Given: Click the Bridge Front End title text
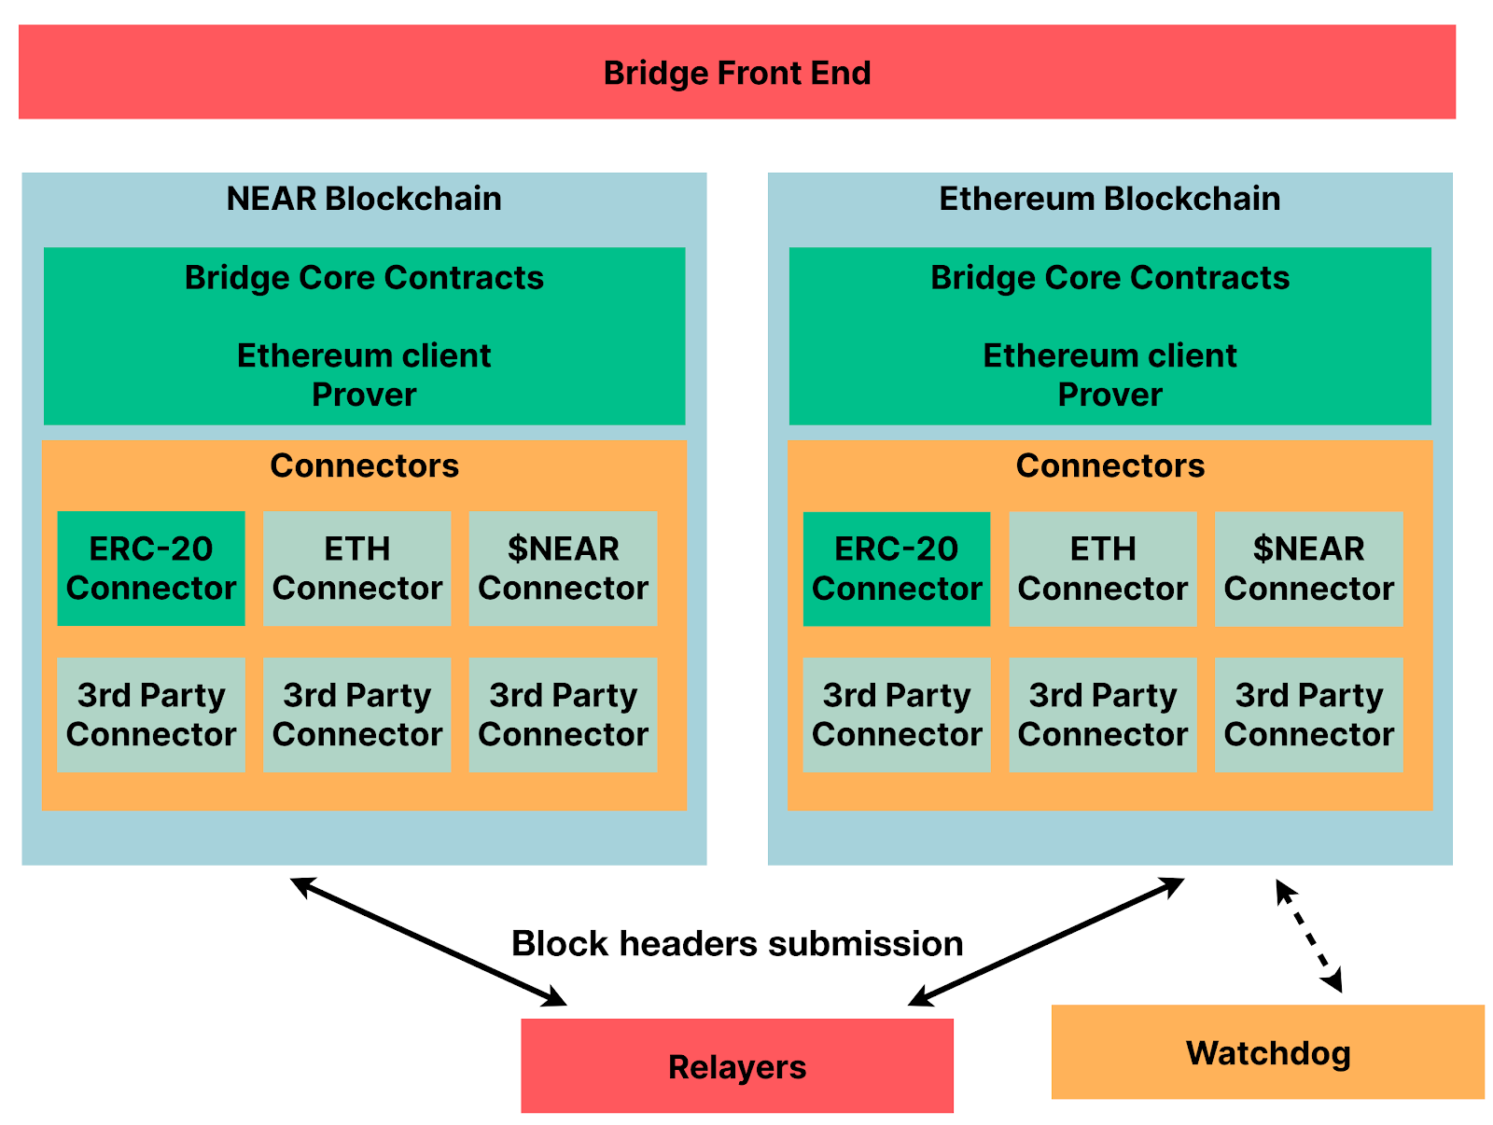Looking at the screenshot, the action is (736, 74).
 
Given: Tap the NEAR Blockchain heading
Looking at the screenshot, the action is (364, 199).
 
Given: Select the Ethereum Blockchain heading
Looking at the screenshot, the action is (1109, 199).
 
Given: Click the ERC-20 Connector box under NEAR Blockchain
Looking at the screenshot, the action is (151, 568).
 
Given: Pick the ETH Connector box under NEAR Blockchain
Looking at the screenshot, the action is (357, 568).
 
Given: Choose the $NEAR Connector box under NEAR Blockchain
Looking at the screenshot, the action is (563, 568).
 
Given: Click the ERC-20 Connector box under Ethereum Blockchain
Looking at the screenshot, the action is (897, 568).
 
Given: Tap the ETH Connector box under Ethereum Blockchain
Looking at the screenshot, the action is (1103, 568).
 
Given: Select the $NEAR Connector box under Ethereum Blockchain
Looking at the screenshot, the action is (1308, 568).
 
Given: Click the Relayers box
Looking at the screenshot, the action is (736, 1065).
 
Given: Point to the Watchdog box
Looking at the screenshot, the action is (1268, 1051).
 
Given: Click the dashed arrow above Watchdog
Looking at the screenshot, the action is (1308, 936).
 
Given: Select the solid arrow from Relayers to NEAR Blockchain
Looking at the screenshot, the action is (427, 941).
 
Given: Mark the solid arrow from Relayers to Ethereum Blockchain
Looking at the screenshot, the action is (1046, 941).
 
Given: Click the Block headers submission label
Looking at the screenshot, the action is (737, 943).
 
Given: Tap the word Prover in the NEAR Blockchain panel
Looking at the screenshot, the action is (364, 395).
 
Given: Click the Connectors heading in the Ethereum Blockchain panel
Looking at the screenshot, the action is (1110, 465).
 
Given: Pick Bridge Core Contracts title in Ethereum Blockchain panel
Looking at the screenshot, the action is (1110, 278).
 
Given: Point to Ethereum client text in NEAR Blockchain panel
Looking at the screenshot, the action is (364, 355).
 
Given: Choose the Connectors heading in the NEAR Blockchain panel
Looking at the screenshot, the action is (364, 465).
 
